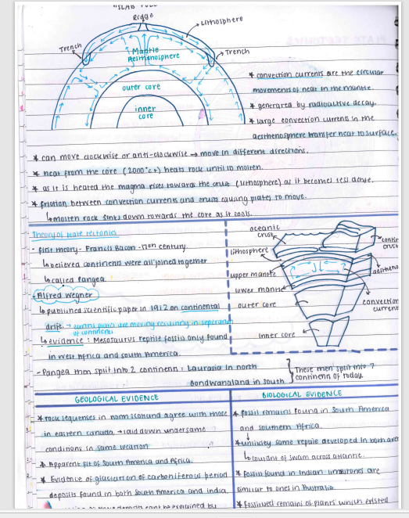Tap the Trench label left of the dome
70,49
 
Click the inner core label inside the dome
145,112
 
